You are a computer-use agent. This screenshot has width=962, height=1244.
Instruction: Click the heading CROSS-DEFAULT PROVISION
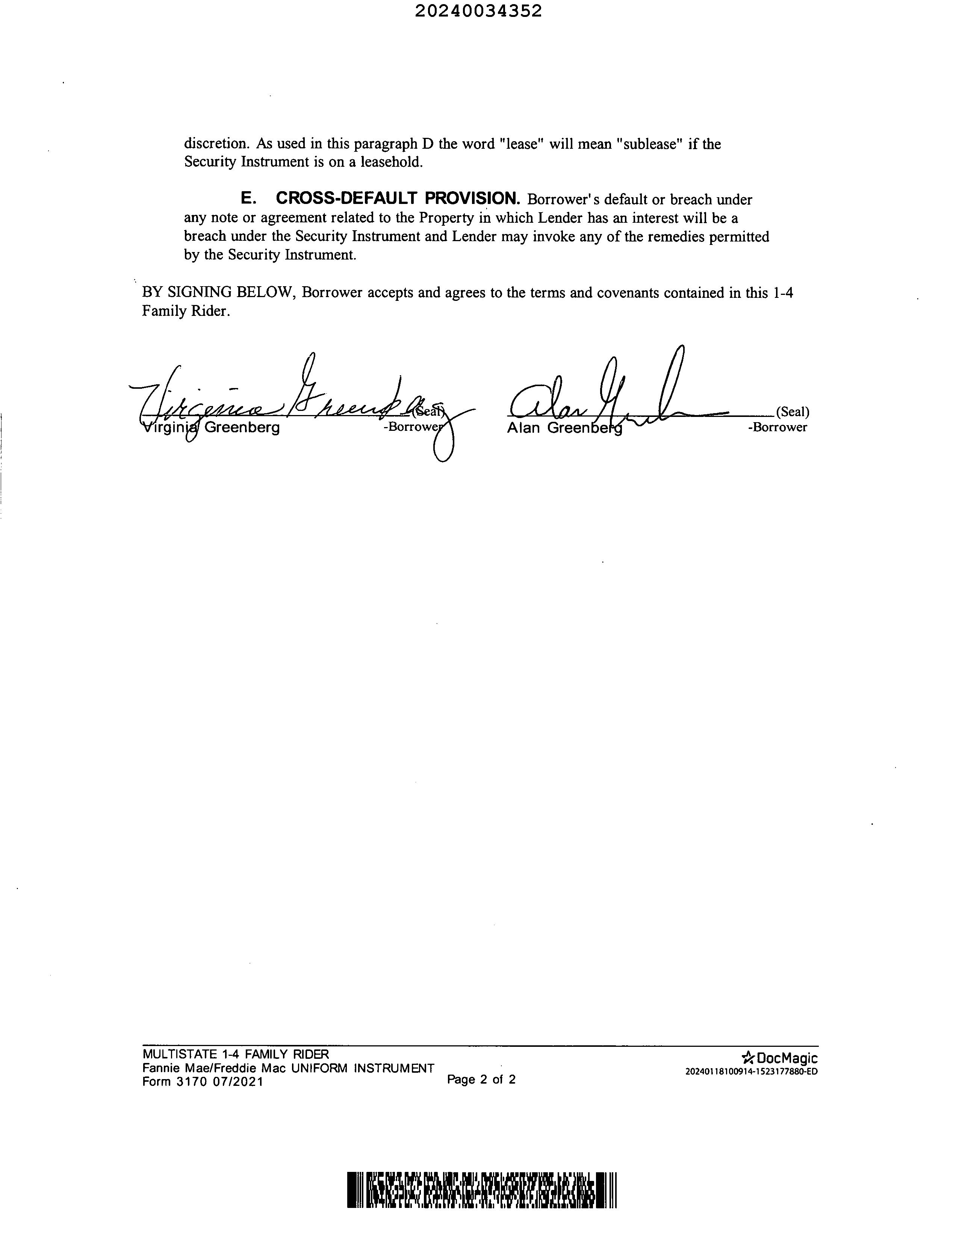point(398,199)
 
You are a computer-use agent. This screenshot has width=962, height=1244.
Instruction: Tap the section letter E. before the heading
point(248,199)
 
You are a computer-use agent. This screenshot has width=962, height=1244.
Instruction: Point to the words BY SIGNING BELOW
point(218,293)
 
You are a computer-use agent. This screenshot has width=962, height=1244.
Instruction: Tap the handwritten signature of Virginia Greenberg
point(285,399)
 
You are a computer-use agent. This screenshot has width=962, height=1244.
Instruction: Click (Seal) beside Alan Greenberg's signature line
point(792,412)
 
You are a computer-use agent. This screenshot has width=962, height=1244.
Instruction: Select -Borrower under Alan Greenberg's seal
point(777,427)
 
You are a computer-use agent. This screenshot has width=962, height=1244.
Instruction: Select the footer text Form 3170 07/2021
point(203,1082)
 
